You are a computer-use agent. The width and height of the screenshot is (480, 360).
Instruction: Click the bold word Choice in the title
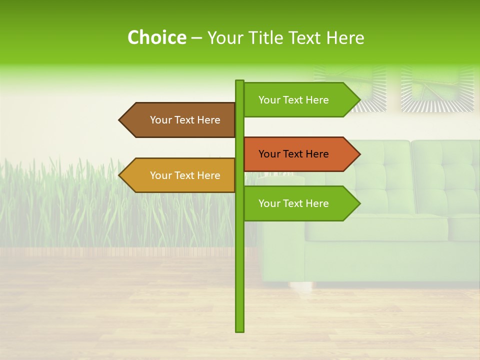point(156,37)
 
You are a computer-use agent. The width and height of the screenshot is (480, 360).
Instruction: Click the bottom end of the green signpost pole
point(240,330)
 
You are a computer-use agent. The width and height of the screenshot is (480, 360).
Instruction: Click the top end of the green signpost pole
point(240,81)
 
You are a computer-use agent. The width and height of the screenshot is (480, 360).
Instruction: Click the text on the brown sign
point(185,120)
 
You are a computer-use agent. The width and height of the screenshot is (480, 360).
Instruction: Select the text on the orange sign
point(293,154)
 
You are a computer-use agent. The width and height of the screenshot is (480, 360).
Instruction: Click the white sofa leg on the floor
point(298,287)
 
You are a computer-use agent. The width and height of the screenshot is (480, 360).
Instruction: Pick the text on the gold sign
point(185,175)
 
